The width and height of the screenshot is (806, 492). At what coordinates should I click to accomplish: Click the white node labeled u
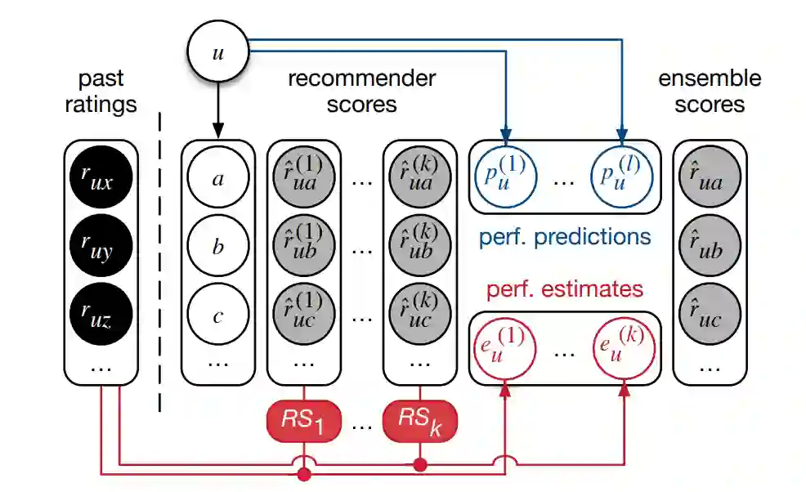coord(217,52)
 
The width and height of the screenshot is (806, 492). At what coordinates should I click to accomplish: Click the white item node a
coord(217,178)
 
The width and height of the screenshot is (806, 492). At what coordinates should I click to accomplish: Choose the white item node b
coord(217,247)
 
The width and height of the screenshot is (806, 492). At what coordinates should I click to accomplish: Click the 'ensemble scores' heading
coord(709,92)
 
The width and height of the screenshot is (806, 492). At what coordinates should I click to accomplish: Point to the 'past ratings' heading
coord(101,92)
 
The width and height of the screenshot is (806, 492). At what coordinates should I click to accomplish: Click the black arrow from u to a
coord(217,106)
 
